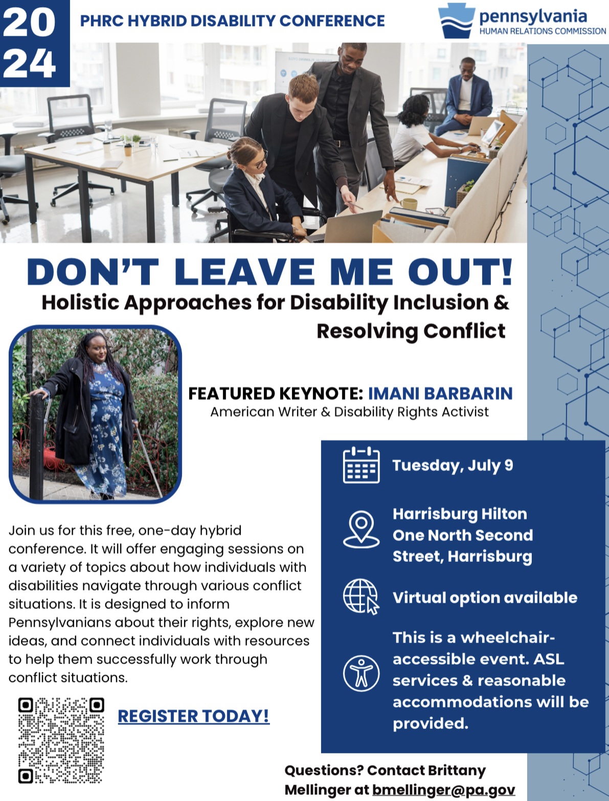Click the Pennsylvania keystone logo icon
click(457, 21)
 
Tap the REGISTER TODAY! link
click(193, 716)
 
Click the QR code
click(61, 740)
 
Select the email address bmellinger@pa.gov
click(443, 790)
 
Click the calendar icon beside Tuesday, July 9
click(361, 465)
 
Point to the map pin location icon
click(361, 529)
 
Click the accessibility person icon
click(361, 673)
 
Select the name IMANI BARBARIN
click(440, 393)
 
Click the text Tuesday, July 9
click(453, 465)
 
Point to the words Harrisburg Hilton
click(460, 513)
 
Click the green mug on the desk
click(409, 204)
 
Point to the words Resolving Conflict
click(411, 331)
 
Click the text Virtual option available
click(485, 597)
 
